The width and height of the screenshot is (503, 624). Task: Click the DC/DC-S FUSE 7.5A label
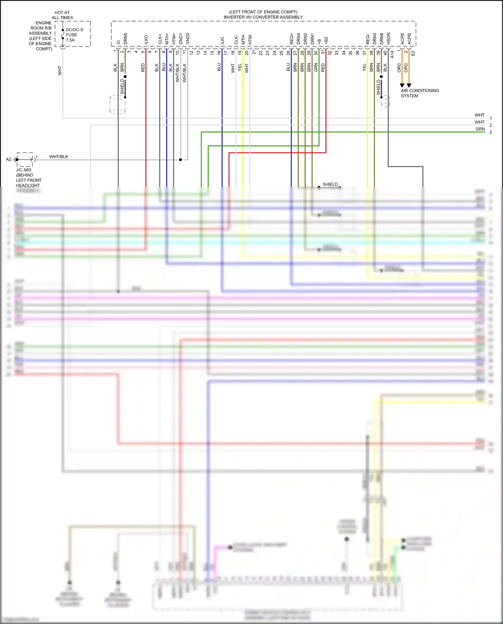(x=74, y=35)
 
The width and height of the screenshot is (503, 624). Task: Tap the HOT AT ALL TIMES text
(x=62, y=15)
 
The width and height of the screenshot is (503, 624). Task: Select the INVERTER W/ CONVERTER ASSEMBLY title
(x=263, y=17)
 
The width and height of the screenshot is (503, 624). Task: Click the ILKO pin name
(x=146, y=40)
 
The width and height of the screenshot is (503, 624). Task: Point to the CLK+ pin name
(x=160, y=39)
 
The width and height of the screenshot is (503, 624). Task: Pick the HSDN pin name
(x=388, y=39)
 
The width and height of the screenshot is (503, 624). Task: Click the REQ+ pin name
(x=291, y=39)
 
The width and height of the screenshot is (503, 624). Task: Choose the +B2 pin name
(x=326, y=41)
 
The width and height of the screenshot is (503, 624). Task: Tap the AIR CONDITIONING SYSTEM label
(x=420, y=93)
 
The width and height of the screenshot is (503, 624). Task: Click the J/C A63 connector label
(x=23, y=170)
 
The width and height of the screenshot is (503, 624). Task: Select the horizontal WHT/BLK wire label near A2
(x=58, y=157)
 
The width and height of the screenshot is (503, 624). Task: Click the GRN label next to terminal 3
(x=480, y=129)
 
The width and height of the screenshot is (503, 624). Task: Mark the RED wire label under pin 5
(x=143, y=68)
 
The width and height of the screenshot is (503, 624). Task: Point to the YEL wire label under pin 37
(x=364, y=68)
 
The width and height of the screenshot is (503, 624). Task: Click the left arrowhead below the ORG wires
(x=402, y=86)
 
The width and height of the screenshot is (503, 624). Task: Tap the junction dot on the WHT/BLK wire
(x=180, y=160)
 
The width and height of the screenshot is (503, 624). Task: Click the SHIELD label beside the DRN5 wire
(x=122, y=87)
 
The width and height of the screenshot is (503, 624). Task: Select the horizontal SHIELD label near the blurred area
(x=330, y=184)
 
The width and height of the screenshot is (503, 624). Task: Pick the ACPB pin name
(x=409, y=39)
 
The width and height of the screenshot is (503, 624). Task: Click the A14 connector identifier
(x=392, y=54)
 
